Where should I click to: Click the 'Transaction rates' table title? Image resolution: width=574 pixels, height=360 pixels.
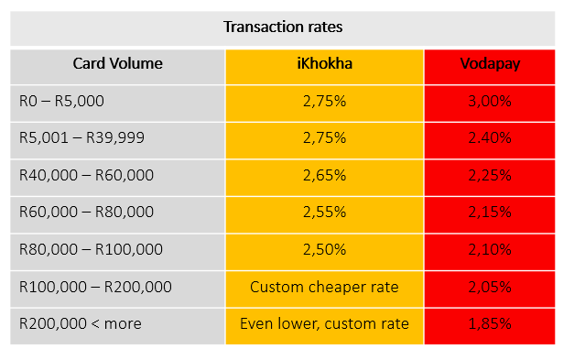tap(283, 27)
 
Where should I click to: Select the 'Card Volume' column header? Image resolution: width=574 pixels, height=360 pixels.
tap(117, 63)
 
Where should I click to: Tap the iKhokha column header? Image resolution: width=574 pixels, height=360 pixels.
tap(325, 63)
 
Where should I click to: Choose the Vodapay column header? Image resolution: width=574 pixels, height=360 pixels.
tap(490, 64)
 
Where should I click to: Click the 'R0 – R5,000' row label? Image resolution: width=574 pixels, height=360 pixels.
tap(61, 101)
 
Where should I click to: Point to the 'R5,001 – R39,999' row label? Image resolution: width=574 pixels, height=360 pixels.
tap(81, 137)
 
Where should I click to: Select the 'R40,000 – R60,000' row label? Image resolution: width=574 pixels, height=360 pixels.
tap(86, 175)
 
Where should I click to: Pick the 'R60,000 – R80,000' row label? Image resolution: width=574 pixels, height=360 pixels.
tap(86, 212)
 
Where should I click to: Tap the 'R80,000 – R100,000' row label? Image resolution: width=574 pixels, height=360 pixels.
tap(91, 249)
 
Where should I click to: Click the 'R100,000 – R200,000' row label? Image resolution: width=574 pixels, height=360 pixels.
tap(95, 287)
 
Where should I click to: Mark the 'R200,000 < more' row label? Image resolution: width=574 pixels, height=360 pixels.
tap(81, 323)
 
